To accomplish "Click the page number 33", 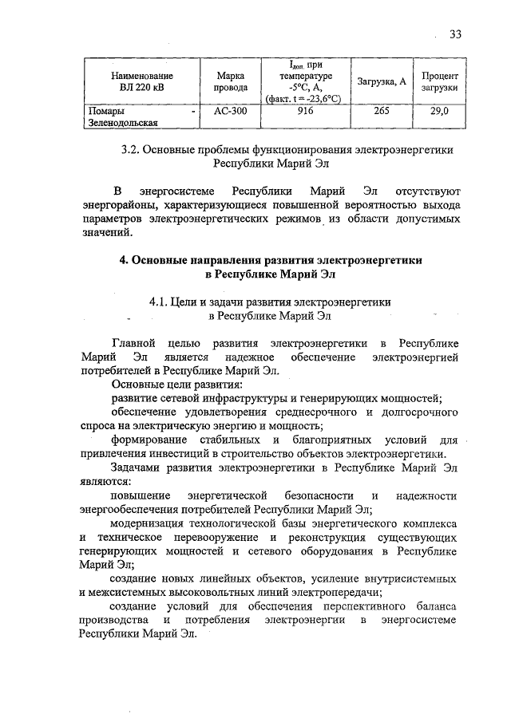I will click(x=456, y=34).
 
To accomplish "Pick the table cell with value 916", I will click(x=303, y=112).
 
